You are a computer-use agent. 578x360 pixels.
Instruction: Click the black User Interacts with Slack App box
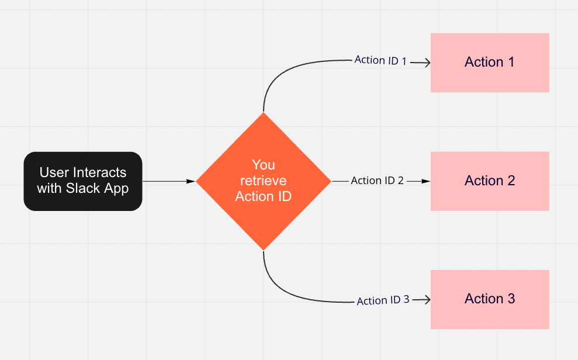click(x=83, y=181)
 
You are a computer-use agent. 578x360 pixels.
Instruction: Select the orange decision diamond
click(x=263, y=181)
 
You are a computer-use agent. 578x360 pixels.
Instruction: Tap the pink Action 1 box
click(x=490, y=63)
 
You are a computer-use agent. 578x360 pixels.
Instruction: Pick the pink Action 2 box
click(x=490, y=181)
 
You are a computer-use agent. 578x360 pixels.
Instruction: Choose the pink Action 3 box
click(x=490, y=299)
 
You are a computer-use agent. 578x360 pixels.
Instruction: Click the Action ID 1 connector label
click(x=380, y=60)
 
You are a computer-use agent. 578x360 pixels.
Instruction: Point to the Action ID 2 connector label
click(x=377, y=181)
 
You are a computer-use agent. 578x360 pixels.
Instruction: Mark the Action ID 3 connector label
click(x=383, y=300)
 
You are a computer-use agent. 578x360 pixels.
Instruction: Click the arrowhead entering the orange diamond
click(x=191, y=182)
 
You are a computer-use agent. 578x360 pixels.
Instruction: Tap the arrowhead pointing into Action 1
click(x=427, y=63)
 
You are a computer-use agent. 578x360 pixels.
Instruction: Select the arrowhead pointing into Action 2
click(x=427, y=182)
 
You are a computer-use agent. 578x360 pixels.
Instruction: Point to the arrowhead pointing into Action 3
click(x=427, y=299)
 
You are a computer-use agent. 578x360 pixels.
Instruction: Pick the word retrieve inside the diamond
click(x=263, y=181)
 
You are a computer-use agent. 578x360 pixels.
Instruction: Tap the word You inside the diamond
click(x=263, y=165)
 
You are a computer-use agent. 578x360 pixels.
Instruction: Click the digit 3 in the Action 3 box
click(x=511, y=299)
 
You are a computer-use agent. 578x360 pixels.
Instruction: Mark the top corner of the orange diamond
click(x=264, y=113)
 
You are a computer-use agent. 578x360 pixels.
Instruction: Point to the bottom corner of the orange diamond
click(x=264, y=250)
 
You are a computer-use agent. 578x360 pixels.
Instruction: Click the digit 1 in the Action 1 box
click(x=511, y=63)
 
